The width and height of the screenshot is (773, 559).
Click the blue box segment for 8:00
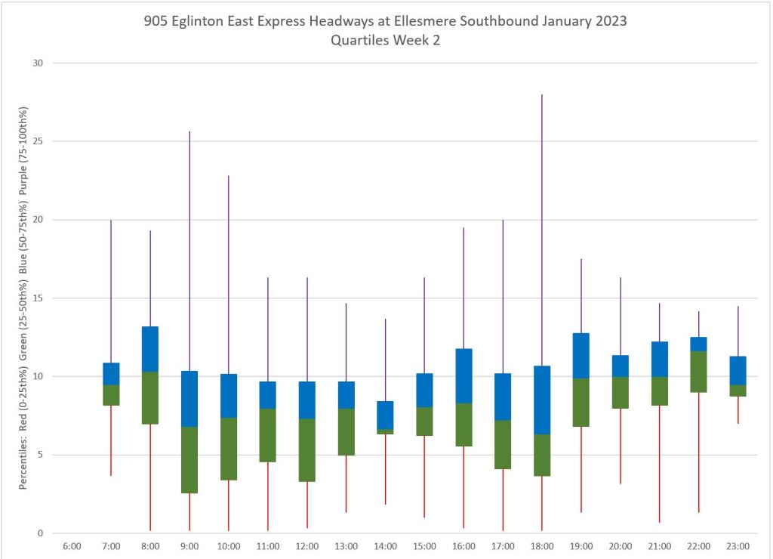coord(150,348)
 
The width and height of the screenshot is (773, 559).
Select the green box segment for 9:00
coord(189,460)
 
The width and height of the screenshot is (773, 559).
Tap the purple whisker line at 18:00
coord(542,227)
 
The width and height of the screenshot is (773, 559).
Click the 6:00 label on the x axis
coord(72,546)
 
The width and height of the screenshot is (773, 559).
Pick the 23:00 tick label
coord(738,546)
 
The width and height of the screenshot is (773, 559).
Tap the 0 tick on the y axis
coord(40,533)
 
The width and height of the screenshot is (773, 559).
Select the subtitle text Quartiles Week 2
coord(385,41)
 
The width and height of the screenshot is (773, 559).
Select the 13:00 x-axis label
coord(346,546)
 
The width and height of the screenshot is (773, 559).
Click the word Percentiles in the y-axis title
coord(23,461)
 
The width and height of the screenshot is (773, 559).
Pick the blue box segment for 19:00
coord(581,355)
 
